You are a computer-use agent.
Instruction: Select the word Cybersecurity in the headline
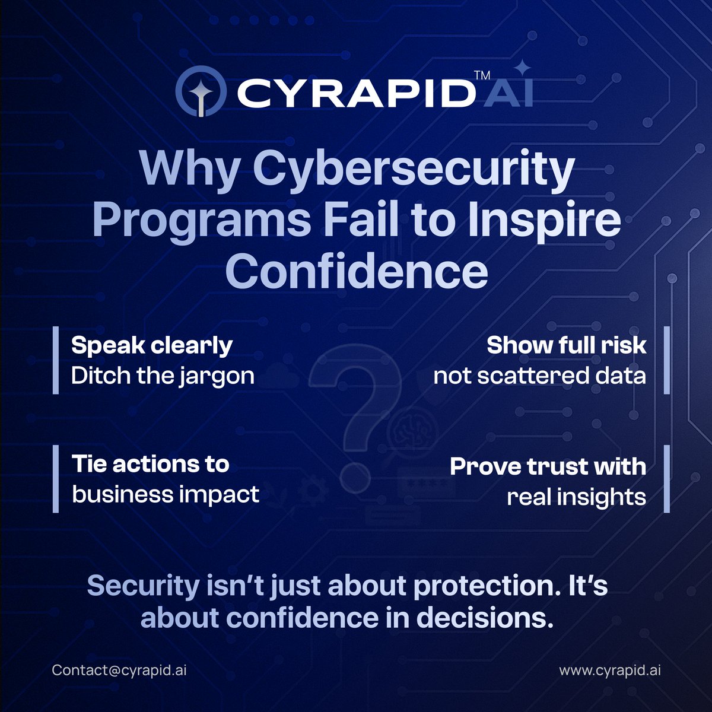tap(414, 170)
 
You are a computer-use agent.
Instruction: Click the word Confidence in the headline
tap(356, 272)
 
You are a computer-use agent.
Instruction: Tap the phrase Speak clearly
tap(152, 345)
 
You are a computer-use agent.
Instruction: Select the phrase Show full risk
tap(566, 345)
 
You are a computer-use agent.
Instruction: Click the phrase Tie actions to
tap(151, 464)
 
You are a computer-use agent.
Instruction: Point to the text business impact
tap(166, 494)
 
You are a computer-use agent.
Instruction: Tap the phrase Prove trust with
tap(548, 466)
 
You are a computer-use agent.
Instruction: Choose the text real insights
tap(576, 497)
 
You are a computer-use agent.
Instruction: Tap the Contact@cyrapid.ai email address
tap(119, 670)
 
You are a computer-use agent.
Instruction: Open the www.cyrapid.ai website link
tap(610, 670)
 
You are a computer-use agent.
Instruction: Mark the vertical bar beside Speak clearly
tap(56, 360)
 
